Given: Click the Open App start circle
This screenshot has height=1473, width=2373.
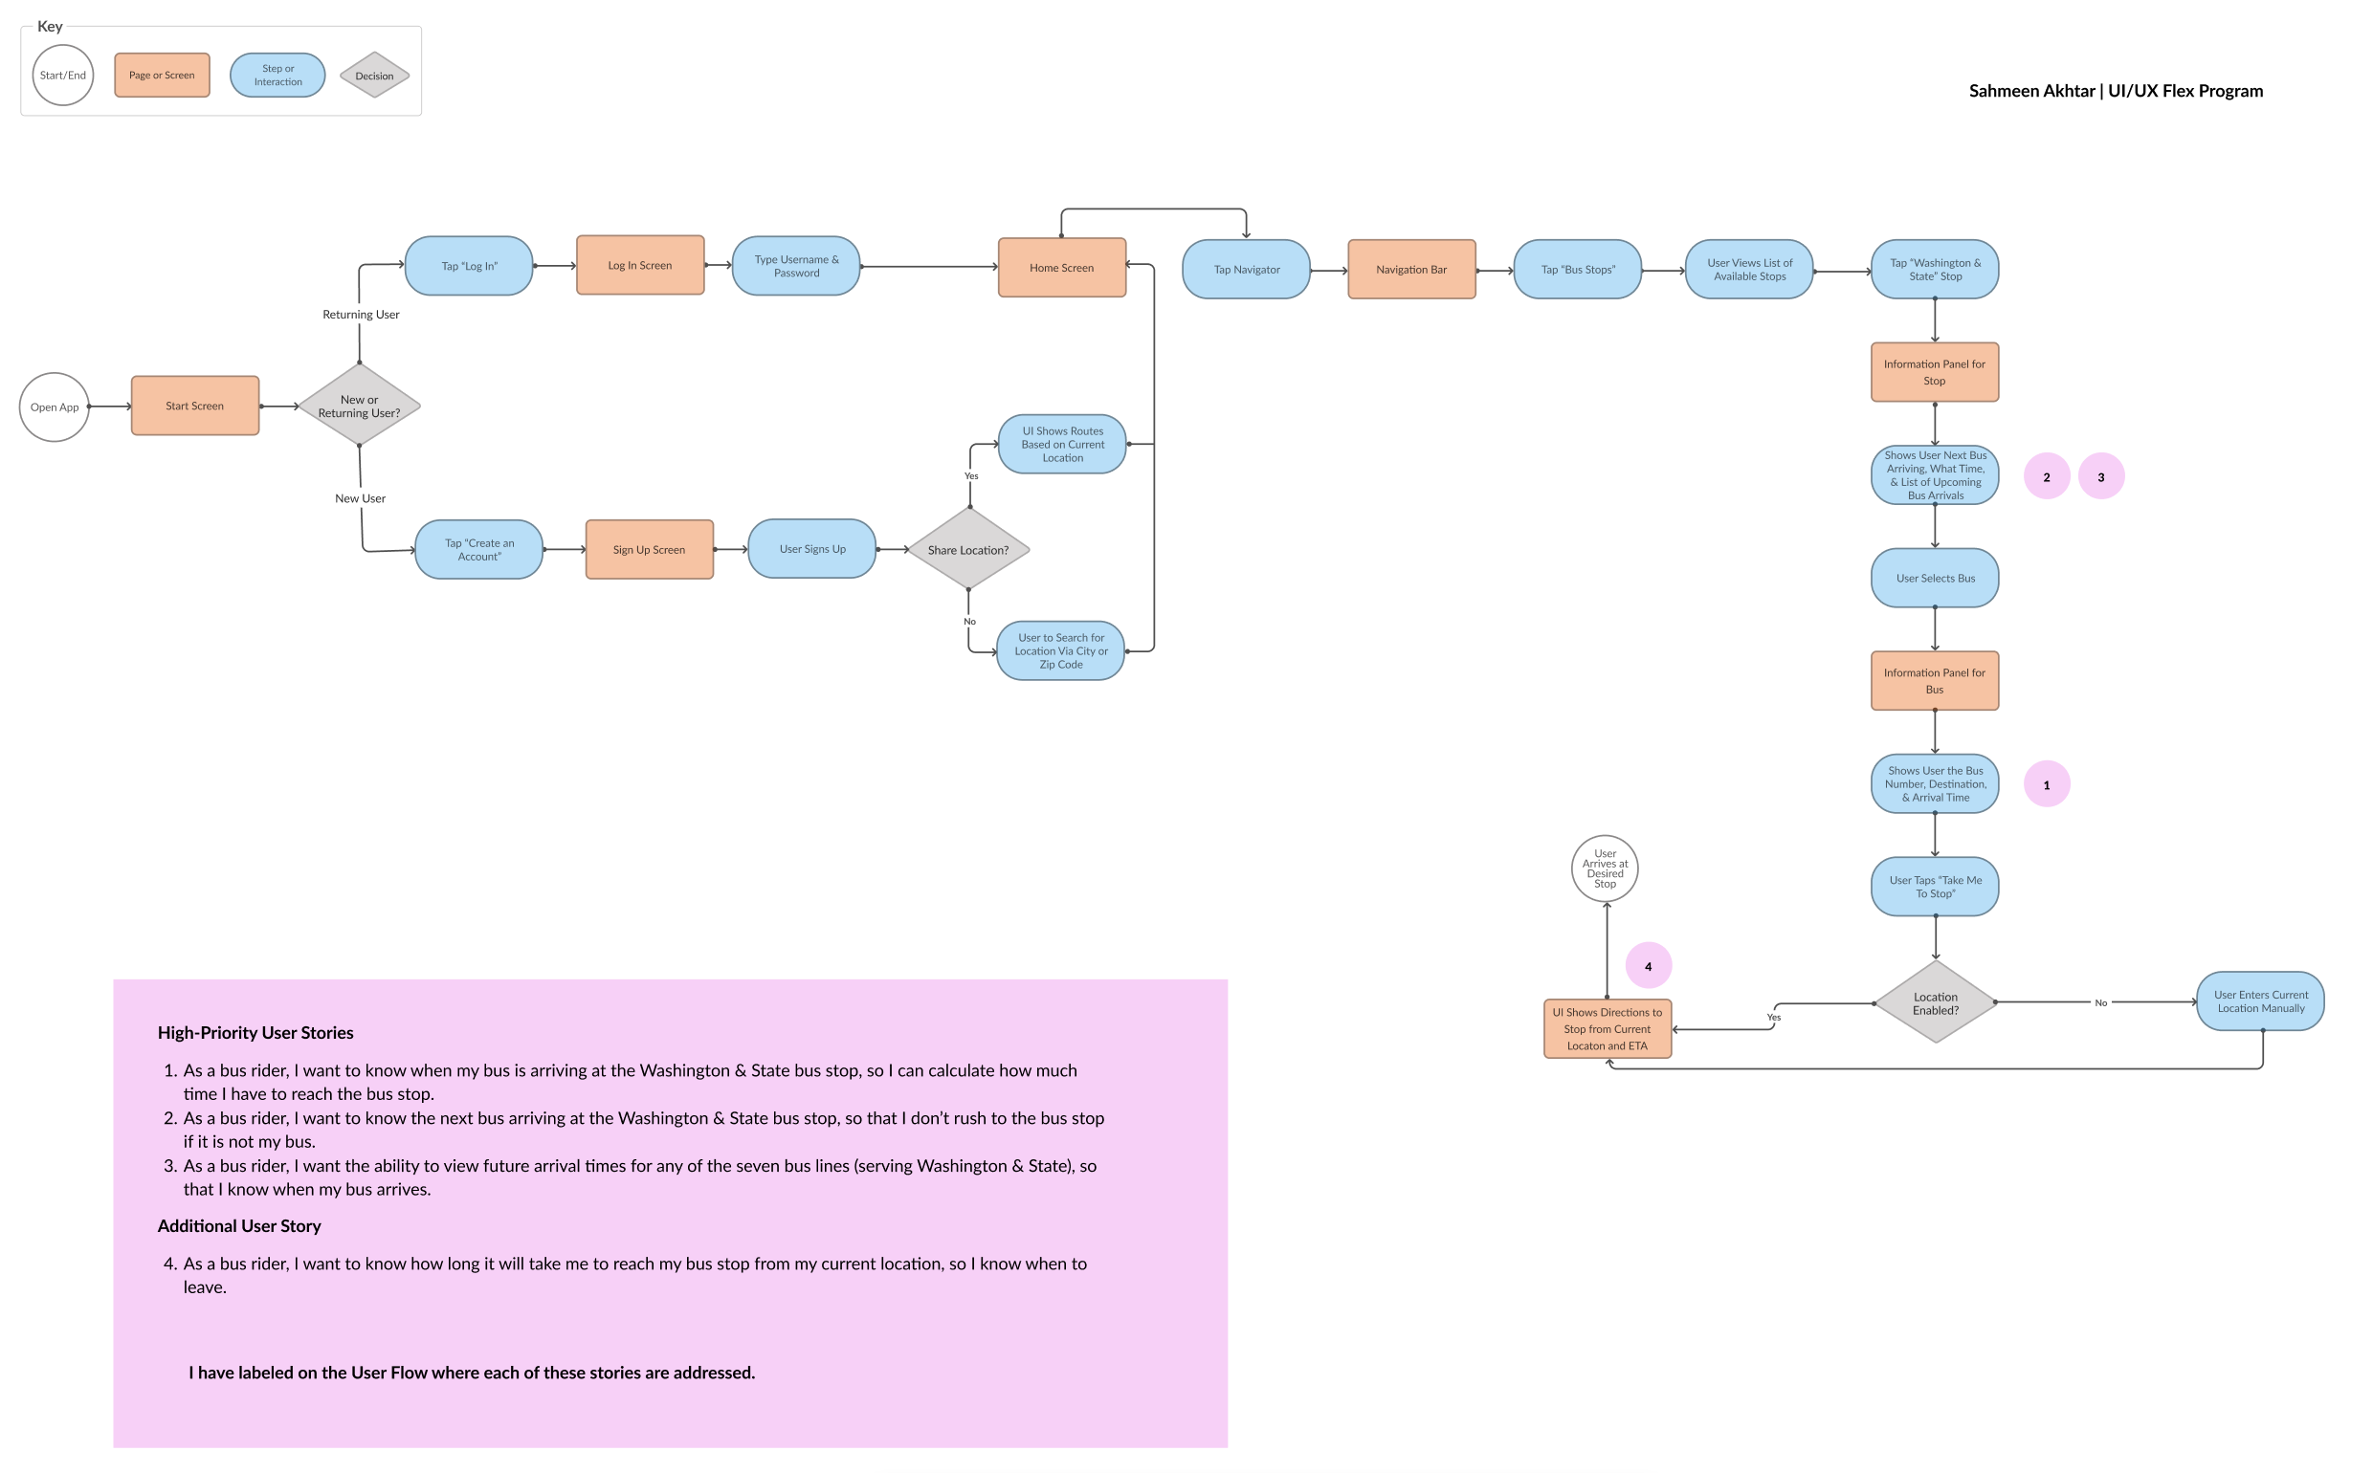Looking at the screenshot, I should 55,407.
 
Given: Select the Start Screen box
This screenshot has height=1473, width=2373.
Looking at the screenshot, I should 195,407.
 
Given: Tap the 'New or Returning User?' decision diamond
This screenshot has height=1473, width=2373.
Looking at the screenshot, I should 360,407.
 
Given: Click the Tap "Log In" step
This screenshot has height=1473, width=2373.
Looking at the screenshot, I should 469,266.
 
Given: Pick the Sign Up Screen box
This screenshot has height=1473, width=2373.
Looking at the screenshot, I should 649,550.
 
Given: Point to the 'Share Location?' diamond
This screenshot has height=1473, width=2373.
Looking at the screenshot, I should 967,549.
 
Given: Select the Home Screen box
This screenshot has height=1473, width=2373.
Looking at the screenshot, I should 1061,268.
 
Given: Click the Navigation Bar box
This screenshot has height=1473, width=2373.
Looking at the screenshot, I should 1411,270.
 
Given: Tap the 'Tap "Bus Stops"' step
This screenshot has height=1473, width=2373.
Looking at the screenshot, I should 1578,270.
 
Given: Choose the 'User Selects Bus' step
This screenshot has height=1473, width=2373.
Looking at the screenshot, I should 1935,579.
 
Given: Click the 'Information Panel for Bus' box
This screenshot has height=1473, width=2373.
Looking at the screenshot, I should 1935,681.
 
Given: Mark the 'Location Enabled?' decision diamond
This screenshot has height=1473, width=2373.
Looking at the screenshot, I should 1935,1002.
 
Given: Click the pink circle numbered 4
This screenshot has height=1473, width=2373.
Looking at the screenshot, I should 1648,966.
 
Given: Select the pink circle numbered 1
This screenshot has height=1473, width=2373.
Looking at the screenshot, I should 2047,784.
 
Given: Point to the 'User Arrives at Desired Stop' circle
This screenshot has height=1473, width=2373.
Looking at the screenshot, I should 1605,868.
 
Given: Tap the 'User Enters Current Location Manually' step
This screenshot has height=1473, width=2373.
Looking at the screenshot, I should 2260,1001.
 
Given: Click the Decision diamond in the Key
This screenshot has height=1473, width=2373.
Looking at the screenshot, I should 374,76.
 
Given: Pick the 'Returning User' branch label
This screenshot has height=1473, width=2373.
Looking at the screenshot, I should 361,315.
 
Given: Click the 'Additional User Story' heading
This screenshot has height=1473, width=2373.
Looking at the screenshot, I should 240,1225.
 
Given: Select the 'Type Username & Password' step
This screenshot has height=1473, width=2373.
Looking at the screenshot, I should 796,266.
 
